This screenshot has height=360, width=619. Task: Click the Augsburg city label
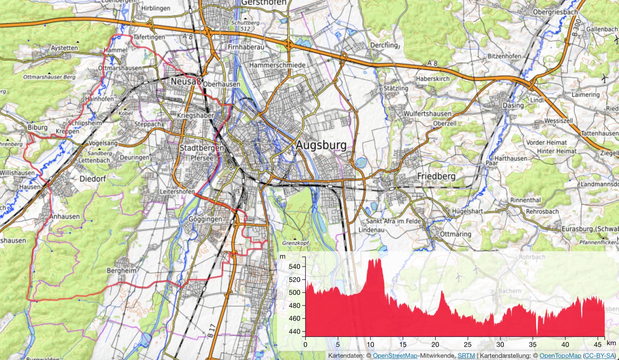coord(321,145)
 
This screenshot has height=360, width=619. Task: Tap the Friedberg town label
coord(436,176)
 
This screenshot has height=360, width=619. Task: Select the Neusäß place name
coord(186,81)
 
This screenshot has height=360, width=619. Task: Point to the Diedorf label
coord(93,179)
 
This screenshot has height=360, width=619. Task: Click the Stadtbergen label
coord(202,148)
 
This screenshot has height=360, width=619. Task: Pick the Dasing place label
coord(513,106)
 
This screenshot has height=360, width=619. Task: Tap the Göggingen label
coord(205,219)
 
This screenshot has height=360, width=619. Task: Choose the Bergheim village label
coord(121,271)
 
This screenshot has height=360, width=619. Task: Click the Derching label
coord(384,45)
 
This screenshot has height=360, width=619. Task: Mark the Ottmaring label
coord(455,234)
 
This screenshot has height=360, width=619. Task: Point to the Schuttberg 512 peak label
coord(246,26)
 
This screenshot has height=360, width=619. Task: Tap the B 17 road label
coord(211,331)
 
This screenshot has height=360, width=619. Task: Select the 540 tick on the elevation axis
coord(295,266)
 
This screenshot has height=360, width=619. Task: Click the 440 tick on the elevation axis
coord(295,332)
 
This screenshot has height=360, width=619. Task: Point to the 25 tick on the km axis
coord(468,344)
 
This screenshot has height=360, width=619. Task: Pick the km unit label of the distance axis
coord(611,343)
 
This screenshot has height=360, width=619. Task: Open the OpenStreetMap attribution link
coord(395,355)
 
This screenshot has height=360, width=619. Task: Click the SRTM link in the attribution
coord(466,355)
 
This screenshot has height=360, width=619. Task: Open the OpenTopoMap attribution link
coord(560,355)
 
